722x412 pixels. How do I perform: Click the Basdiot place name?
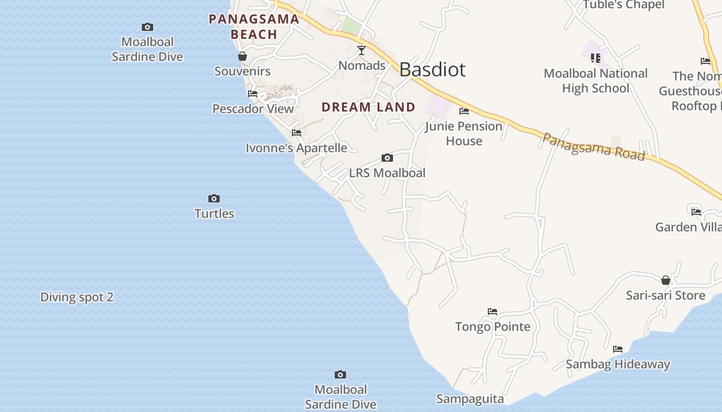(432, 70)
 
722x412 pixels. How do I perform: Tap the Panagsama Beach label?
(254, 27)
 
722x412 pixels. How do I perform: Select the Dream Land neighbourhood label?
(368, 107)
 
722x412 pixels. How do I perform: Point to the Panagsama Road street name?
(594, 146)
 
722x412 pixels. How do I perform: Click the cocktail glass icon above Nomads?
(362, 50)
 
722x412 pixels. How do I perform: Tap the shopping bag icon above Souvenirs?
(242, 56)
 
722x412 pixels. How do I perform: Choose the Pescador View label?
(253, 109)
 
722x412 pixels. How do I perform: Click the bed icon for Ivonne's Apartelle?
(297, 133)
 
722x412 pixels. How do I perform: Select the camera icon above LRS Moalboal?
(387, 158)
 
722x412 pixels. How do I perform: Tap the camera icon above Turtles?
(214, 198)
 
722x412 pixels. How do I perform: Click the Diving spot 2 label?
(77, 297)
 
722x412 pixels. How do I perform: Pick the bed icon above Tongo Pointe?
(493, 312)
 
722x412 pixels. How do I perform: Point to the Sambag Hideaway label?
(618, 364)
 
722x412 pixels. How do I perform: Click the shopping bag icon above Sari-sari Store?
(666, 280)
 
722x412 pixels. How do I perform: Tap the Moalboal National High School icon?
(596, 58)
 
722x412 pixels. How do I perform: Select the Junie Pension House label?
(464, 133)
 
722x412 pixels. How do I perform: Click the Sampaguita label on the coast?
(470, 399)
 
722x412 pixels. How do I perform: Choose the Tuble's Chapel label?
(623, 5)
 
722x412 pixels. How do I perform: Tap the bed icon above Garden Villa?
(696, 211)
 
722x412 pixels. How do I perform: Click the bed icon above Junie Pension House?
(464, 111)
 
